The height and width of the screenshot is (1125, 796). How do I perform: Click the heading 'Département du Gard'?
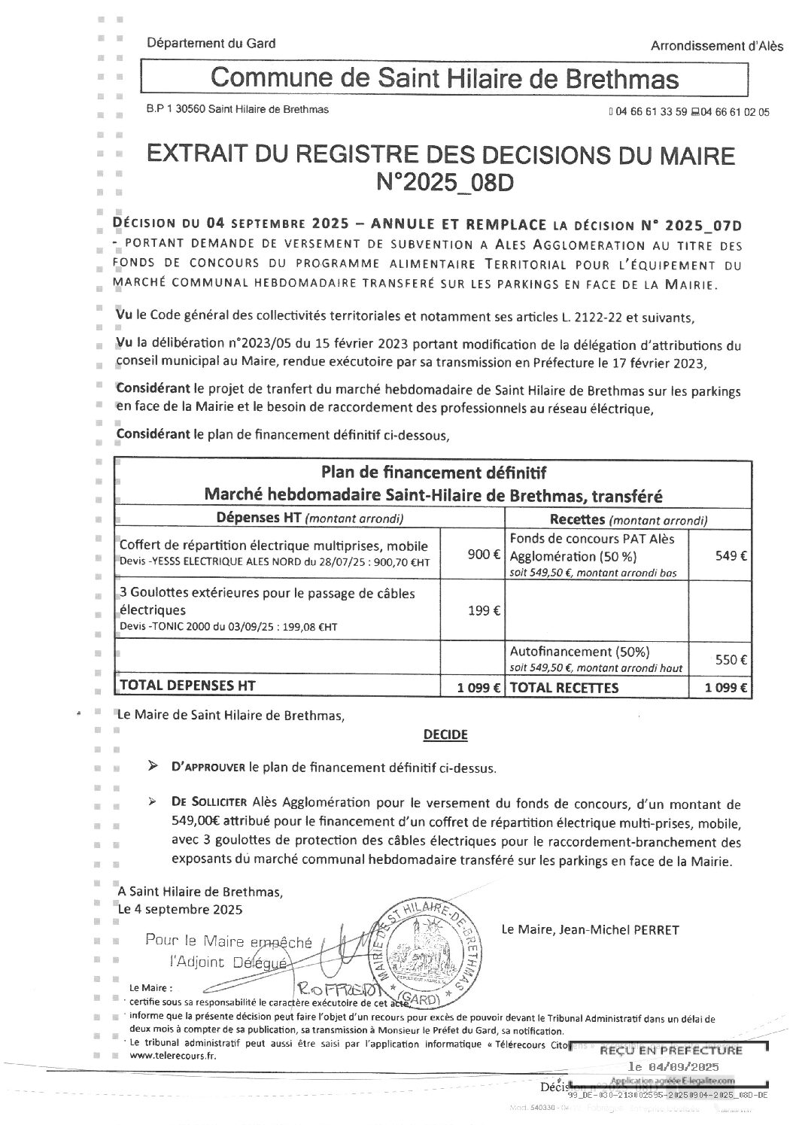tap(211, 44)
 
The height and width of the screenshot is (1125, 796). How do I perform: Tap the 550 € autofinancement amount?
tap(731, 660)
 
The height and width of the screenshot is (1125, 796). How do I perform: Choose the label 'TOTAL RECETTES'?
tap(564, 687)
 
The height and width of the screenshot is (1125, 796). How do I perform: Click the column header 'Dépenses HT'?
tap(258, 518)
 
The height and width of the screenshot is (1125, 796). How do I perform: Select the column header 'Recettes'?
tap(578, 519)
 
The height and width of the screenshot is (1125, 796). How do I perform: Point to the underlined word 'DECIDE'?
tap(445, 734)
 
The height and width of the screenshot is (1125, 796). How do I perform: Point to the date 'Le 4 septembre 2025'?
tap(181, 909)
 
